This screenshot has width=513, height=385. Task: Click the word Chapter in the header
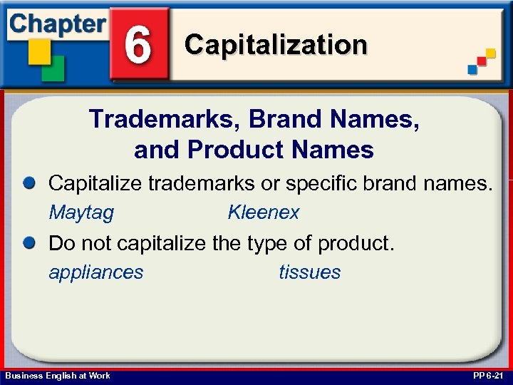[x=57, y=24]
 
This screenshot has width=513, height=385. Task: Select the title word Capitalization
[x=276, y=45]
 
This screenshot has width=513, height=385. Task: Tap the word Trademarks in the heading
[x=164, y=119]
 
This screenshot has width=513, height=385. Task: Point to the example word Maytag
[x=81, y=212]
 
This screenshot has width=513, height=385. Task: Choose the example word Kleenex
[x=263, y=212]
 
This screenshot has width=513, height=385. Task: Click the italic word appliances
[x=95, y=272]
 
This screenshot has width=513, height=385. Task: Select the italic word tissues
[x=309, y=272]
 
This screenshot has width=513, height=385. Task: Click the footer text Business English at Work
[x=58, y=376]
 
